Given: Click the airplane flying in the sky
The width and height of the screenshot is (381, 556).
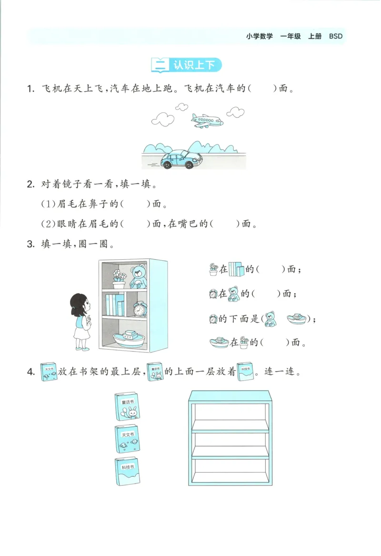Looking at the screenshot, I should click(206, 121).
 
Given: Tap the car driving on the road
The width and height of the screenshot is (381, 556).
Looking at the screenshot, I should click(180, 160).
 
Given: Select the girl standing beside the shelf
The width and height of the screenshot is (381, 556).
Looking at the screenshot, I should click(81, 322).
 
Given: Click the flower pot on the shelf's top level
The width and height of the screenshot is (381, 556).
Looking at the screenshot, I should click(118, 279).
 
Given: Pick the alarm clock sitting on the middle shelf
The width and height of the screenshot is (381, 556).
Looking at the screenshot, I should click(140, 309).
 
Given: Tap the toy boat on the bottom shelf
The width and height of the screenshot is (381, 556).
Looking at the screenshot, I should click(129, 338).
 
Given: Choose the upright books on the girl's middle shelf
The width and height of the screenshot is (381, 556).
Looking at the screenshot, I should click(115, 305).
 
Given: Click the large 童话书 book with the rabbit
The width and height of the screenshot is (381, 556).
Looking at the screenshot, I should click(128, 407).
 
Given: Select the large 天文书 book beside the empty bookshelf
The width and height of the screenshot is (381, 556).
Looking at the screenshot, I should click(127, 439).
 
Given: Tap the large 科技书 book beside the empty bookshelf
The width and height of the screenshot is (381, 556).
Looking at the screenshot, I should click(127, 471).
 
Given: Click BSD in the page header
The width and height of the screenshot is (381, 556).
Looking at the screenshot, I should click(336, 36).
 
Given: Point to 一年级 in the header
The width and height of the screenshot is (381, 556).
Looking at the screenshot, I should click(291, 36).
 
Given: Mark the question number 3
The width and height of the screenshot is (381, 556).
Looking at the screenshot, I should click(30, 245).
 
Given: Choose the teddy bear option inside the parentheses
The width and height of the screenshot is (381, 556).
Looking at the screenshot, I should click(271, 319).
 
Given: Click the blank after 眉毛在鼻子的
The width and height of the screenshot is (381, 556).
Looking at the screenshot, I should click(135, 205).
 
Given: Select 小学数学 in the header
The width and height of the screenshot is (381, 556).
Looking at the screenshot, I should click(260, 36).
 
